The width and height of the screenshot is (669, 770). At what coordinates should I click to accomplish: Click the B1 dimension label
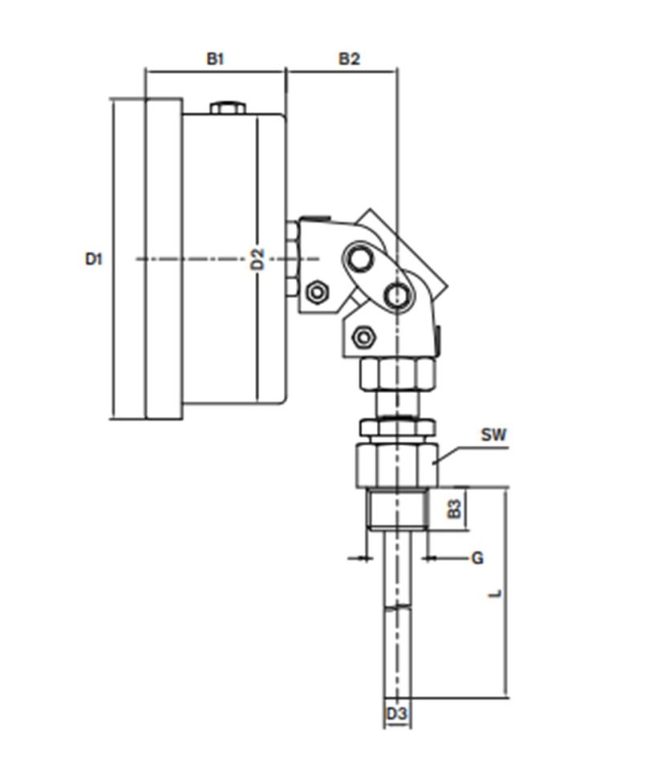pyautogui.click(x=215, y=59)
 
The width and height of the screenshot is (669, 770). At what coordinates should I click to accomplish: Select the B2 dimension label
pyautogui.click(x=348, y=59)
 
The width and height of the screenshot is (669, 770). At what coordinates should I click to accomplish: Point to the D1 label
pyautogui.click(x=95, y=258)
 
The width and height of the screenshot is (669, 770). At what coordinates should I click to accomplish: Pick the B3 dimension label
pyautogui.click(x=455, y=508)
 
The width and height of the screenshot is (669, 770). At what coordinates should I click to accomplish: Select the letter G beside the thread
pyautogui.click(x=476, y=557)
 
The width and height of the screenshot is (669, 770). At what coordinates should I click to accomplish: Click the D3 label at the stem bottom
pyautogui.click(x=397, y=713)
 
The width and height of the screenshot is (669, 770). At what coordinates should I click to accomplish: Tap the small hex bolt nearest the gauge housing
pyautogui.click(x=316, y=292)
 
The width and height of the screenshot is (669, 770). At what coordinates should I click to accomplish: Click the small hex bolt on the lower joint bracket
pyautogui.click(x=363, y=337)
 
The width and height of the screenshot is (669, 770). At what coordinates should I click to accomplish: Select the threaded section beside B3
pyautogui.click(x=396, y=510)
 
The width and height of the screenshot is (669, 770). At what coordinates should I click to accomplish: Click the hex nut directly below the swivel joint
pyautogui.click(x=396, y=374)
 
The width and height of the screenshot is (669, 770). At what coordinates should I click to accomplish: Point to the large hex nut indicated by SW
pyautogui.click(x=396, y=465)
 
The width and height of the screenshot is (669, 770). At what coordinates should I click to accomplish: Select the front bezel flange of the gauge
pyautogui.click(x=164, y=258)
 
